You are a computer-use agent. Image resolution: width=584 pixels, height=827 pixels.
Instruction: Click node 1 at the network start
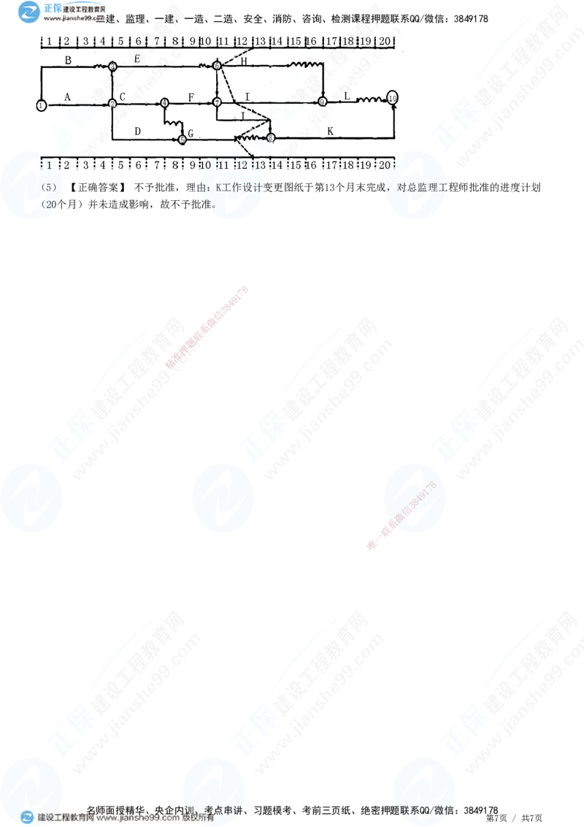(41, 105)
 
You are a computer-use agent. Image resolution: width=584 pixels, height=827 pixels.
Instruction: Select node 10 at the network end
(393, 97)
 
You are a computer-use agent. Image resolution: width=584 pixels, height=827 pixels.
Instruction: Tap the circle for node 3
(112, 66)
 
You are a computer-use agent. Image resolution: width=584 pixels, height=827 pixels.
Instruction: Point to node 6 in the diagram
(217, 66)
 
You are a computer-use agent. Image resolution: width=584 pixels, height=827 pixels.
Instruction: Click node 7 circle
(217, 102)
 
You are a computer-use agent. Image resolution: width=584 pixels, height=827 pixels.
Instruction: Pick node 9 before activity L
(322, 102)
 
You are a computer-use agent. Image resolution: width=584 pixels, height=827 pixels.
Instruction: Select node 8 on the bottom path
(270, 137)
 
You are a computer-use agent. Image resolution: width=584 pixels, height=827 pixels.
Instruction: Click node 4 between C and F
(164, 103)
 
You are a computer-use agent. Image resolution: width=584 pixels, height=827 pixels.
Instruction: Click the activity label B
(68, 61)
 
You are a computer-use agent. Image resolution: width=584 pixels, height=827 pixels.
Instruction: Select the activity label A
(68, 96)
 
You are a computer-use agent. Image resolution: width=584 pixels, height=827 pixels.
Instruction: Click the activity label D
(137, 131)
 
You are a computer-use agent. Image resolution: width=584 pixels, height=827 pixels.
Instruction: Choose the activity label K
(330, 131)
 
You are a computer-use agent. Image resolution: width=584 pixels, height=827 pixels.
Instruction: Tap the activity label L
(347, 96)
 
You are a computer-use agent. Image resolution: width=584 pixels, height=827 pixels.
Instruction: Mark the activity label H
(244, 61)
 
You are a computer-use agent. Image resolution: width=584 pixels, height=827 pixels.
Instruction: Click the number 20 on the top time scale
(385, 42)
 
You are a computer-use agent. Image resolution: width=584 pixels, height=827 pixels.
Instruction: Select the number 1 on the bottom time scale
(49, 165)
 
